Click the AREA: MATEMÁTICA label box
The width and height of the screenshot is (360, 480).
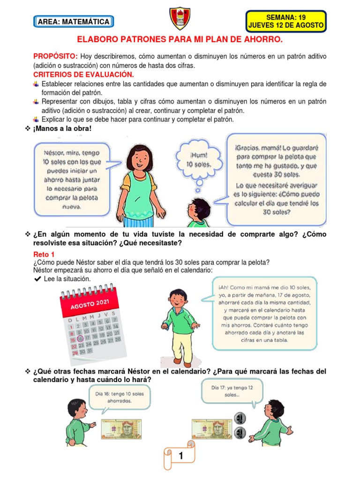click(74, 22)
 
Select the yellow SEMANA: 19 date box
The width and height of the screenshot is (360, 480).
click(286, 21)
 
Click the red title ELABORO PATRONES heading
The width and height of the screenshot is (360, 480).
click(180, 41)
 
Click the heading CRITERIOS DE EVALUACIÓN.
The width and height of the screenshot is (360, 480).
click(83, 75)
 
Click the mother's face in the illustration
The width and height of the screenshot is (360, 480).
click(139, 158)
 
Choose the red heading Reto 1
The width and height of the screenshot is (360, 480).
click(44, 254)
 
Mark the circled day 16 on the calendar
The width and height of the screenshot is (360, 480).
click(80, 338)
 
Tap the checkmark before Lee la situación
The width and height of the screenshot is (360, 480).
click(37, 279)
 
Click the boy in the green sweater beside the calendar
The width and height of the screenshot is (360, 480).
click(179, 323)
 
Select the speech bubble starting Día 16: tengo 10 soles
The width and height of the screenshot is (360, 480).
click(119, 397)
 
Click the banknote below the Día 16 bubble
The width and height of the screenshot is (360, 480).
click(121, 428)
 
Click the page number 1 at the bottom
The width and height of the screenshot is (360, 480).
click(180, 456)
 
